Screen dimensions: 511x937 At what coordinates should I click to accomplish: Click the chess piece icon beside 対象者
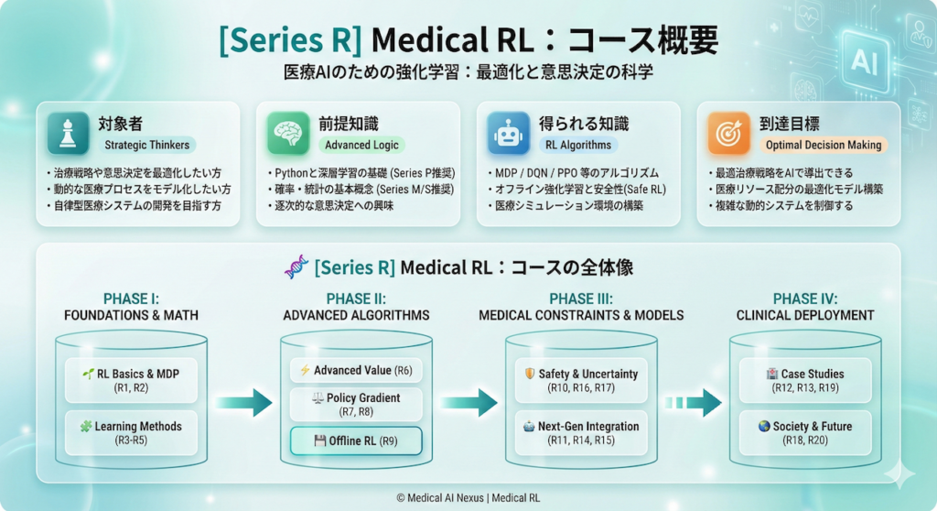(69, 134)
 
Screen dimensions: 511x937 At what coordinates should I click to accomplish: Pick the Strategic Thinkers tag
(147, 145)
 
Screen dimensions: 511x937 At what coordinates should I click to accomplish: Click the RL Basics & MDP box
(132, 380)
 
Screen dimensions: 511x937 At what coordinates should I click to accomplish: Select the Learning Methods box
(132, 433)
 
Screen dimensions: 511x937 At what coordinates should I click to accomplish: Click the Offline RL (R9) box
(356, 440)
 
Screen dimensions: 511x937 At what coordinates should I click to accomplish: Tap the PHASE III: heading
(581, 299)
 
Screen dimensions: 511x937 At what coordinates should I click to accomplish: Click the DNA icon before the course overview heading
(295, 268)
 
